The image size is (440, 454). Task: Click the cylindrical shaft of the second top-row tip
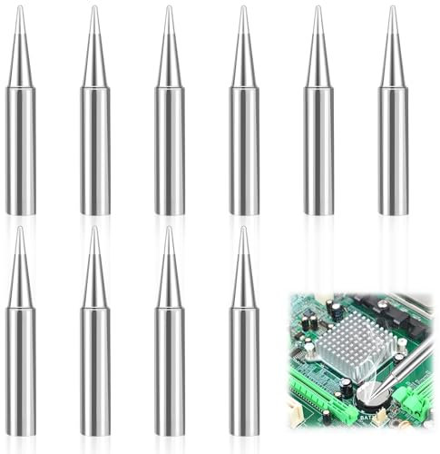coord(94,150)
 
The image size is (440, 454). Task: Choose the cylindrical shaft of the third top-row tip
coord(169,150)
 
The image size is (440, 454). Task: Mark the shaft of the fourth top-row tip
coord(244,150)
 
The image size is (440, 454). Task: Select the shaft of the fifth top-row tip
coord(318,150)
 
